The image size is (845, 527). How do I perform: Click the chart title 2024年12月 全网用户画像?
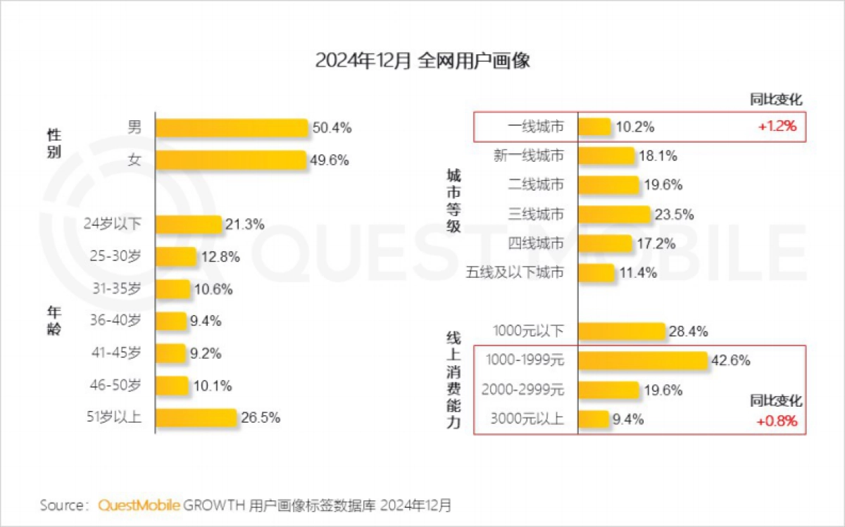coord(422,61)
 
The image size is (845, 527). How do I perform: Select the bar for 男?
coord(232,128)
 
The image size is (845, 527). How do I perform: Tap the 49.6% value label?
coord(330,160)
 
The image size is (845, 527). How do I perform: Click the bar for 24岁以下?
coord(188,224)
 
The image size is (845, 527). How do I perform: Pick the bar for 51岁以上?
coord(196,417)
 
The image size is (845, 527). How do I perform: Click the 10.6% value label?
coord(213,289)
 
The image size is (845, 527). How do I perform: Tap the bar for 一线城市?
coord(594,127)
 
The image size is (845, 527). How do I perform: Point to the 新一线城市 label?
coord(529,156)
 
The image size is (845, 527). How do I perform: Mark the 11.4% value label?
coord(638,272)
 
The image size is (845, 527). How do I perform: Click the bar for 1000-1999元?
coord(642,360)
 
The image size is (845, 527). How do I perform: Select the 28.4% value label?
coord(688,331)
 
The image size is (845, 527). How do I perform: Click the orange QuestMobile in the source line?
coord(139,505)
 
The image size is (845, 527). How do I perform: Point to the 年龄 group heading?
coord(54,321)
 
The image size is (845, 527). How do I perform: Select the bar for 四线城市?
coord(605,243)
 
